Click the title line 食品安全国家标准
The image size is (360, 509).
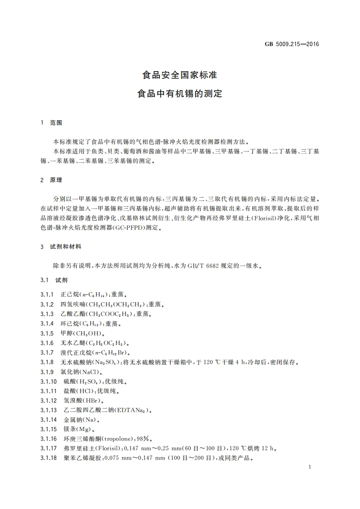[x=179, y=75]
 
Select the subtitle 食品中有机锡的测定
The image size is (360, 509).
[x=179, y=94]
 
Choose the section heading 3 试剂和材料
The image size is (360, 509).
[x=61, y=247]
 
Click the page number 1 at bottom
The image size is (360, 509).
[x=309, y=467]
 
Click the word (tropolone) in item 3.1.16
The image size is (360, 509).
[x=107, y=439]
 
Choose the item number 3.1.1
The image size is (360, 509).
[x=47, y=294]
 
